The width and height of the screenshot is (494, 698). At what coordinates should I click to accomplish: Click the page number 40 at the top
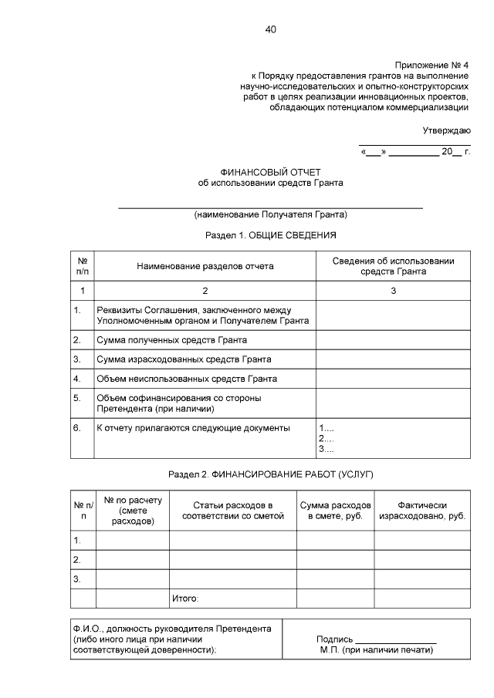tap(270, 30)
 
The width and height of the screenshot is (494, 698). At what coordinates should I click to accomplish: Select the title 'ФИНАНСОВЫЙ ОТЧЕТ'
tap(270, 171)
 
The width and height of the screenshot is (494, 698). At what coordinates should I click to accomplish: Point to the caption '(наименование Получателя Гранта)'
tap(270, 214)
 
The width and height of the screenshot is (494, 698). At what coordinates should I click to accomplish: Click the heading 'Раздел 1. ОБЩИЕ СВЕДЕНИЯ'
tap(270, 234)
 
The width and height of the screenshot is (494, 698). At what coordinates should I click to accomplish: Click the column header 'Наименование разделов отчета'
tap(205, 266)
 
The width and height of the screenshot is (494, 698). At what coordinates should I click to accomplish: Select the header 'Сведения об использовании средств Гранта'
tap(393, 266)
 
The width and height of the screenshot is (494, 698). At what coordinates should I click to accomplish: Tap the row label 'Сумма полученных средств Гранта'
tap(172, 339)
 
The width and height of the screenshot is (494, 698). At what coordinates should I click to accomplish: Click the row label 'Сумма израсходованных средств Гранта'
tap(183, 359)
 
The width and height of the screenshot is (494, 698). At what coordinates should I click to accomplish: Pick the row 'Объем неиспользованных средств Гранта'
tap(186, 379)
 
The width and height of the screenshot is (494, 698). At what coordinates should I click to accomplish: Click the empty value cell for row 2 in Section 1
tap(393, 339)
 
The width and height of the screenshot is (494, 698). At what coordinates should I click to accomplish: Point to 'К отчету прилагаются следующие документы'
tap(192, 427)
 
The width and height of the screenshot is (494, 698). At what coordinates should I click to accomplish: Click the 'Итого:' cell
tap(184, 598)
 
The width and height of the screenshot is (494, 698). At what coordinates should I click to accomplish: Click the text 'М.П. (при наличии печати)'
tap(376, 649)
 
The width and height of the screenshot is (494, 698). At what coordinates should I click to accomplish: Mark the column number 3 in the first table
tap(393, 291)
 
